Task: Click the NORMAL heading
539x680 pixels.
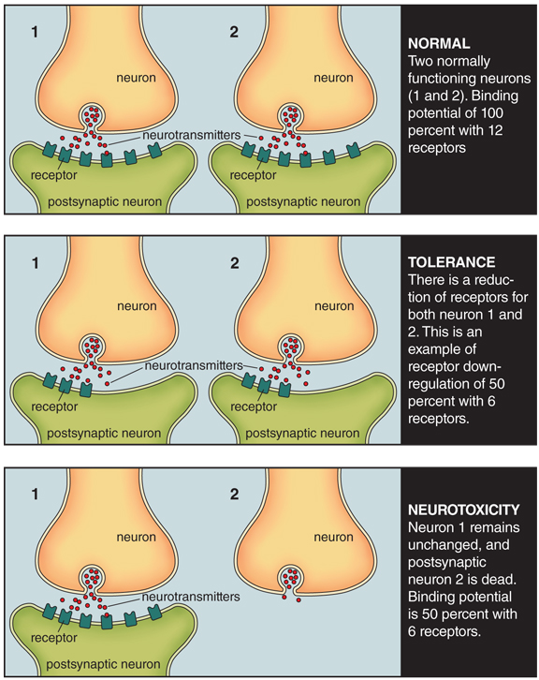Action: click(439, 43)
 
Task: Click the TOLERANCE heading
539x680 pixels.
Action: click(451, 262)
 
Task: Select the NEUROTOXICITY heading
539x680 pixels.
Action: click(463, 510)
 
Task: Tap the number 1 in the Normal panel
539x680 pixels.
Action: click(35, 32)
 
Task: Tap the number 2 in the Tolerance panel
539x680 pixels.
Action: click(234, 263)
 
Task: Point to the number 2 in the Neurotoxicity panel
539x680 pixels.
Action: click(234, 494)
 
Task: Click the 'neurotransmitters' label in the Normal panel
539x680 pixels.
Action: click(192, 135)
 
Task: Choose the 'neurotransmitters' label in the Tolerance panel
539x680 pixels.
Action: click(194, 365)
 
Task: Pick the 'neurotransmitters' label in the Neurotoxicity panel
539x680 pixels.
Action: click(191, 597)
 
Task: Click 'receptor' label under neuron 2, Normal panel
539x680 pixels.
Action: click(253, 175)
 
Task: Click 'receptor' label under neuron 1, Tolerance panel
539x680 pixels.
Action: click(54, 407)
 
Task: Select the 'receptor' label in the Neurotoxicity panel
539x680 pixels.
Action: click(53, 638)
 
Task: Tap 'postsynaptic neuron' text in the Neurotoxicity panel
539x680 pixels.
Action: click(103, 664)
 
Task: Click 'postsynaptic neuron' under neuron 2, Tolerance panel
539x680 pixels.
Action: click(302, 434)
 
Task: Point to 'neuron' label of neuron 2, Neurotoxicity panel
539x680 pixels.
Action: click(333, 537)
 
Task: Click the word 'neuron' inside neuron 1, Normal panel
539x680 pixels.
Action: click(136, 78)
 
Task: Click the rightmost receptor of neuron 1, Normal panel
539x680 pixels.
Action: click(154, 150)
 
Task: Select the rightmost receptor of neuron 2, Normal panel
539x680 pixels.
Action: click(354, 150)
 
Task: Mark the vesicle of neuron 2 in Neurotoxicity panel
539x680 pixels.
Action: click(290, 577)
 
